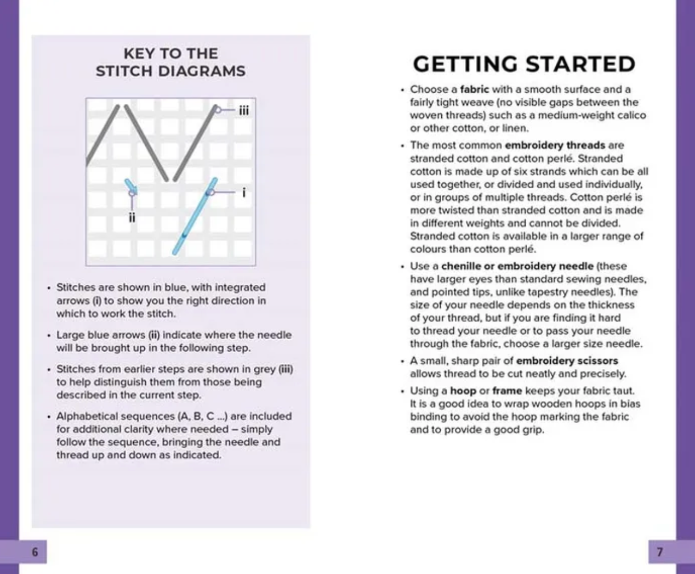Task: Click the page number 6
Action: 35,552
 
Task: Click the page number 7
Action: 660,552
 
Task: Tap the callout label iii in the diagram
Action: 243,110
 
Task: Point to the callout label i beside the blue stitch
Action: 243,193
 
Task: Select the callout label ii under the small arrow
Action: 132,217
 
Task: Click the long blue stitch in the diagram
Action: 195,216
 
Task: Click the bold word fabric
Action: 474,89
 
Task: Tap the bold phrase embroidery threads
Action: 555,145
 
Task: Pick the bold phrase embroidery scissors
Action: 567,361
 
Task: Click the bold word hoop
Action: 463,391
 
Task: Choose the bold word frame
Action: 507,391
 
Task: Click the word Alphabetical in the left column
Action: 86,416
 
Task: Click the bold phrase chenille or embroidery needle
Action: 517,266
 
